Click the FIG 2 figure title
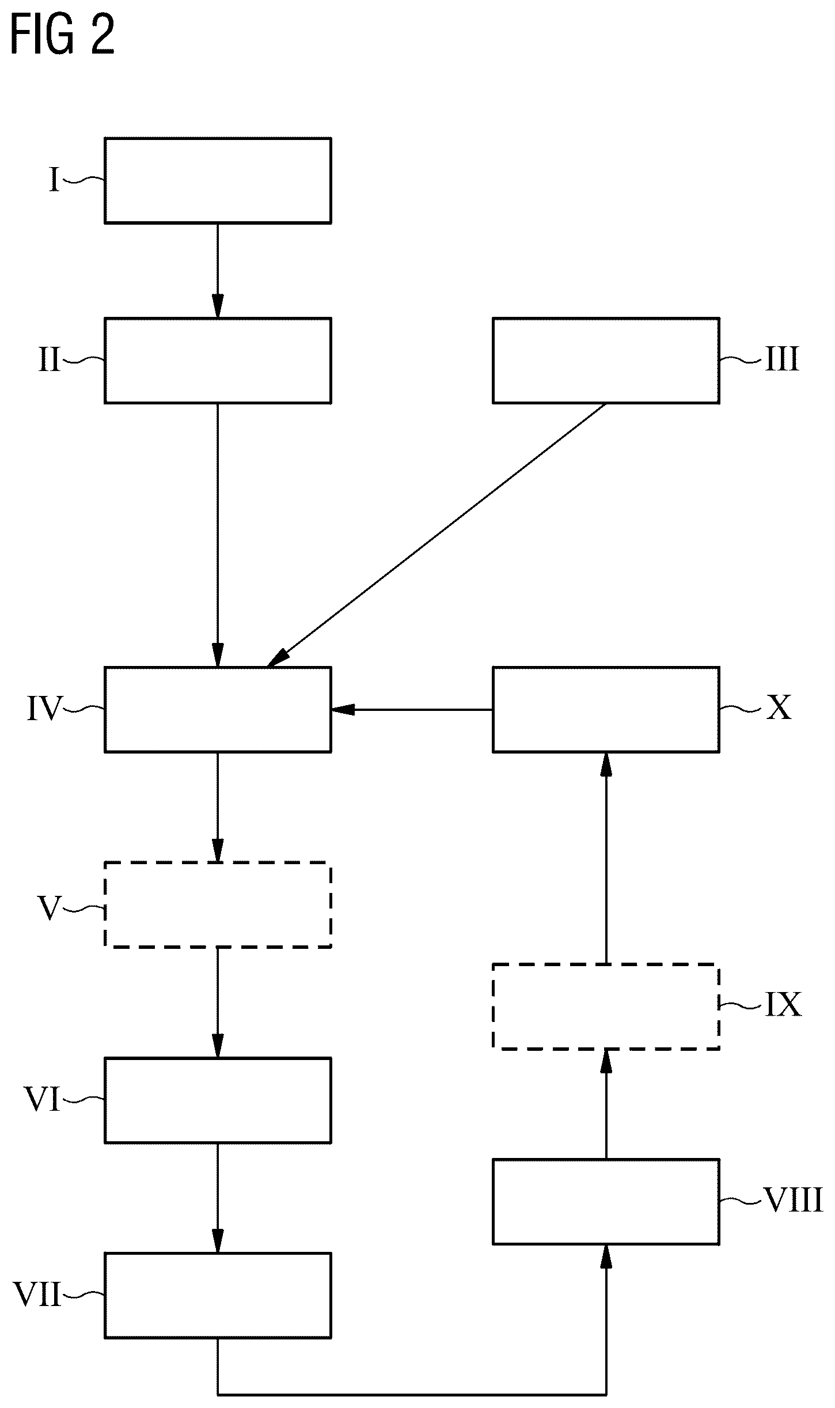click(x=63, y=36)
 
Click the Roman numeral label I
click(x=54, y=180)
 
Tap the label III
click(x=782, y=359)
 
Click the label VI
click(x=43, y=1100)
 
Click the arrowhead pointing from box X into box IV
click(x=343, y=709)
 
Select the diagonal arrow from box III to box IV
click(x=437, y=535)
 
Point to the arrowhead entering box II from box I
click(x=218, y=306)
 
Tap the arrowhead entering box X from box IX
click(x=606, y=764)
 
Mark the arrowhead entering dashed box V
click(x=218, y=850)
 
